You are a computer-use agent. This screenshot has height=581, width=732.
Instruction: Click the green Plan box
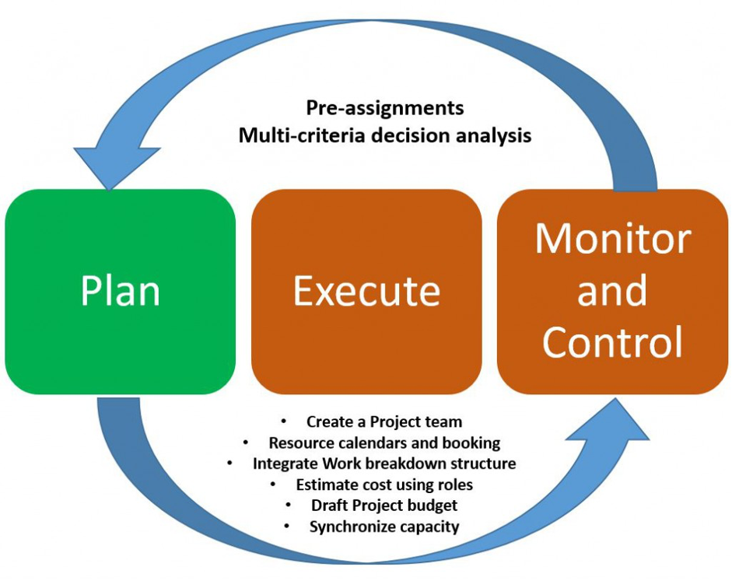(120, 292)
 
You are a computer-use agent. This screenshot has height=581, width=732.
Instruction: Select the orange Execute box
(366, 292)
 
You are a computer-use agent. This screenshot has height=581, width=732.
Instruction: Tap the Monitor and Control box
(612, 292)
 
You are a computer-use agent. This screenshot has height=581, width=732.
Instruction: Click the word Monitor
(612, 239)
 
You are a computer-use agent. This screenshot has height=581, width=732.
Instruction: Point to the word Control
(612, 342)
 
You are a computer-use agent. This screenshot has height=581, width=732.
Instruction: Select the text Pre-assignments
(384, 108)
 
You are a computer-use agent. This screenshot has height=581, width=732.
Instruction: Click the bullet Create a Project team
(384, 422)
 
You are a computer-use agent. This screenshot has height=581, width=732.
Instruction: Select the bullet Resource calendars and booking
(384, 443)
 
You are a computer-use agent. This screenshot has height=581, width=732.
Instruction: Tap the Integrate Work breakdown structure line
(384, 464)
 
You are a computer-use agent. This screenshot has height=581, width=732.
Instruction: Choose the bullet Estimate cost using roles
(384, 485)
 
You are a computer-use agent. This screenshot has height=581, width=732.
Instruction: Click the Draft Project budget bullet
(384, 506)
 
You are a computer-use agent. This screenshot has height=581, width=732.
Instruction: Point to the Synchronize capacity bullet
(384, 527)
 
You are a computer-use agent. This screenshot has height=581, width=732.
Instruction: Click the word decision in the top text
(408, 135)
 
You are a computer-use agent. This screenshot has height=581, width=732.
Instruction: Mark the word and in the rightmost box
(612, 291)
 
